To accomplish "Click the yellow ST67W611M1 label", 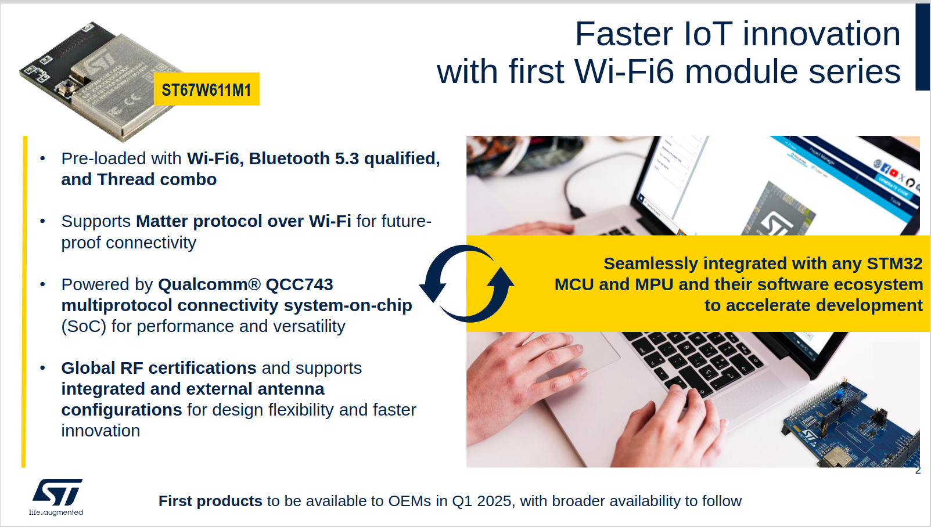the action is click(207, 89).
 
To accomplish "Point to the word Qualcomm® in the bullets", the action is click(210, 284).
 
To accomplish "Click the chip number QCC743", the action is click(299, 284).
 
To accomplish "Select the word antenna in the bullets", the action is click(291, 389).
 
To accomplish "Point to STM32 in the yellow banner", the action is click(894, 263).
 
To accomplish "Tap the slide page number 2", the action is click(918, 471).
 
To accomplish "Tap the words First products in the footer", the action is click(210, 501).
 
